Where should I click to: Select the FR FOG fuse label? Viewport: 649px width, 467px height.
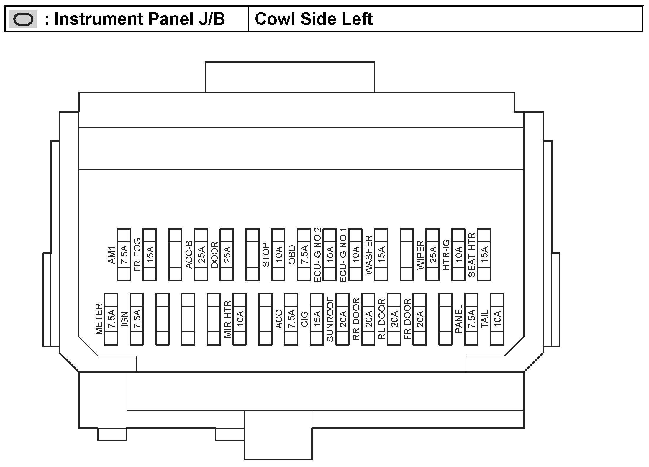137,255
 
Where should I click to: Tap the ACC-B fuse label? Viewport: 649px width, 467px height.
189,255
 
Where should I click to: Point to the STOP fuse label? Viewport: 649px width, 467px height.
266,255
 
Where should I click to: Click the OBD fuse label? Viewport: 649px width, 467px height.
292,255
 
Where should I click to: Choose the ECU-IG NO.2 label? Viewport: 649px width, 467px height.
317,255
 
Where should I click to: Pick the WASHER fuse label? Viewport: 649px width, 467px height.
369,255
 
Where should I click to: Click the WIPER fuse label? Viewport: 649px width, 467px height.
420,255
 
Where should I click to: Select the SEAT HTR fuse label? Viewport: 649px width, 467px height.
472,255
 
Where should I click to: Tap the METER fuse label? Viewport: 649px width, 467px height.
99,319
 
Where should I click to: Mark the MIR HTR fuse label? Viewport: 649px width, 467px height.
227,319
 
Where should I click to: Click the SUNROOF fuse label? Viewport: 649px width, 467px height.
330,319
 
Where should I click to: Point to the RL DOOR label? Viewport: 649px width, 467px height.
382,319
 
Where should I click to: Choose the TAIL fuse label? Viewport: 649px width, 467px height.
485,319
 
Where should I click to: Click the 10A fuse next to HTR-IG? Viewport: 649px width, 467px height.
458,255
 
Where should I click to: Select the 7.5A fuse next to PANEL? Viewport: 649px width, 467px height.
471,319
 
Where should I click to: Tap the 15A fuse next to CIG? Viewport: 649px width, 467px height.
317,319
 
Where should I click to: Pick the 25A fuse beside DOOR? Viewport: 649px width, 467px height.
227,255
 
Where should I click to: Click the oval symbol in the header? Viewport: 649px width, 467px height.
23,19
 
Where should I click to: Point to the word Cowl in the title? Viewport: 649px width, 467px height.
274,19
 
